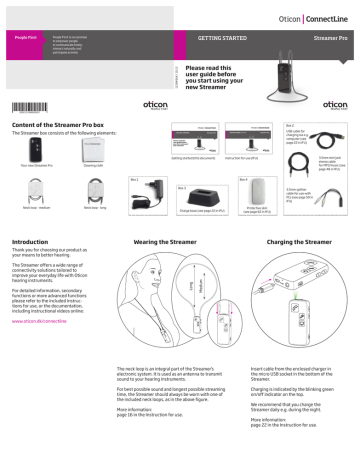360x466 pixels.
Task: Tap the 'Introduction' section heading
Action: [29, 241]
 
